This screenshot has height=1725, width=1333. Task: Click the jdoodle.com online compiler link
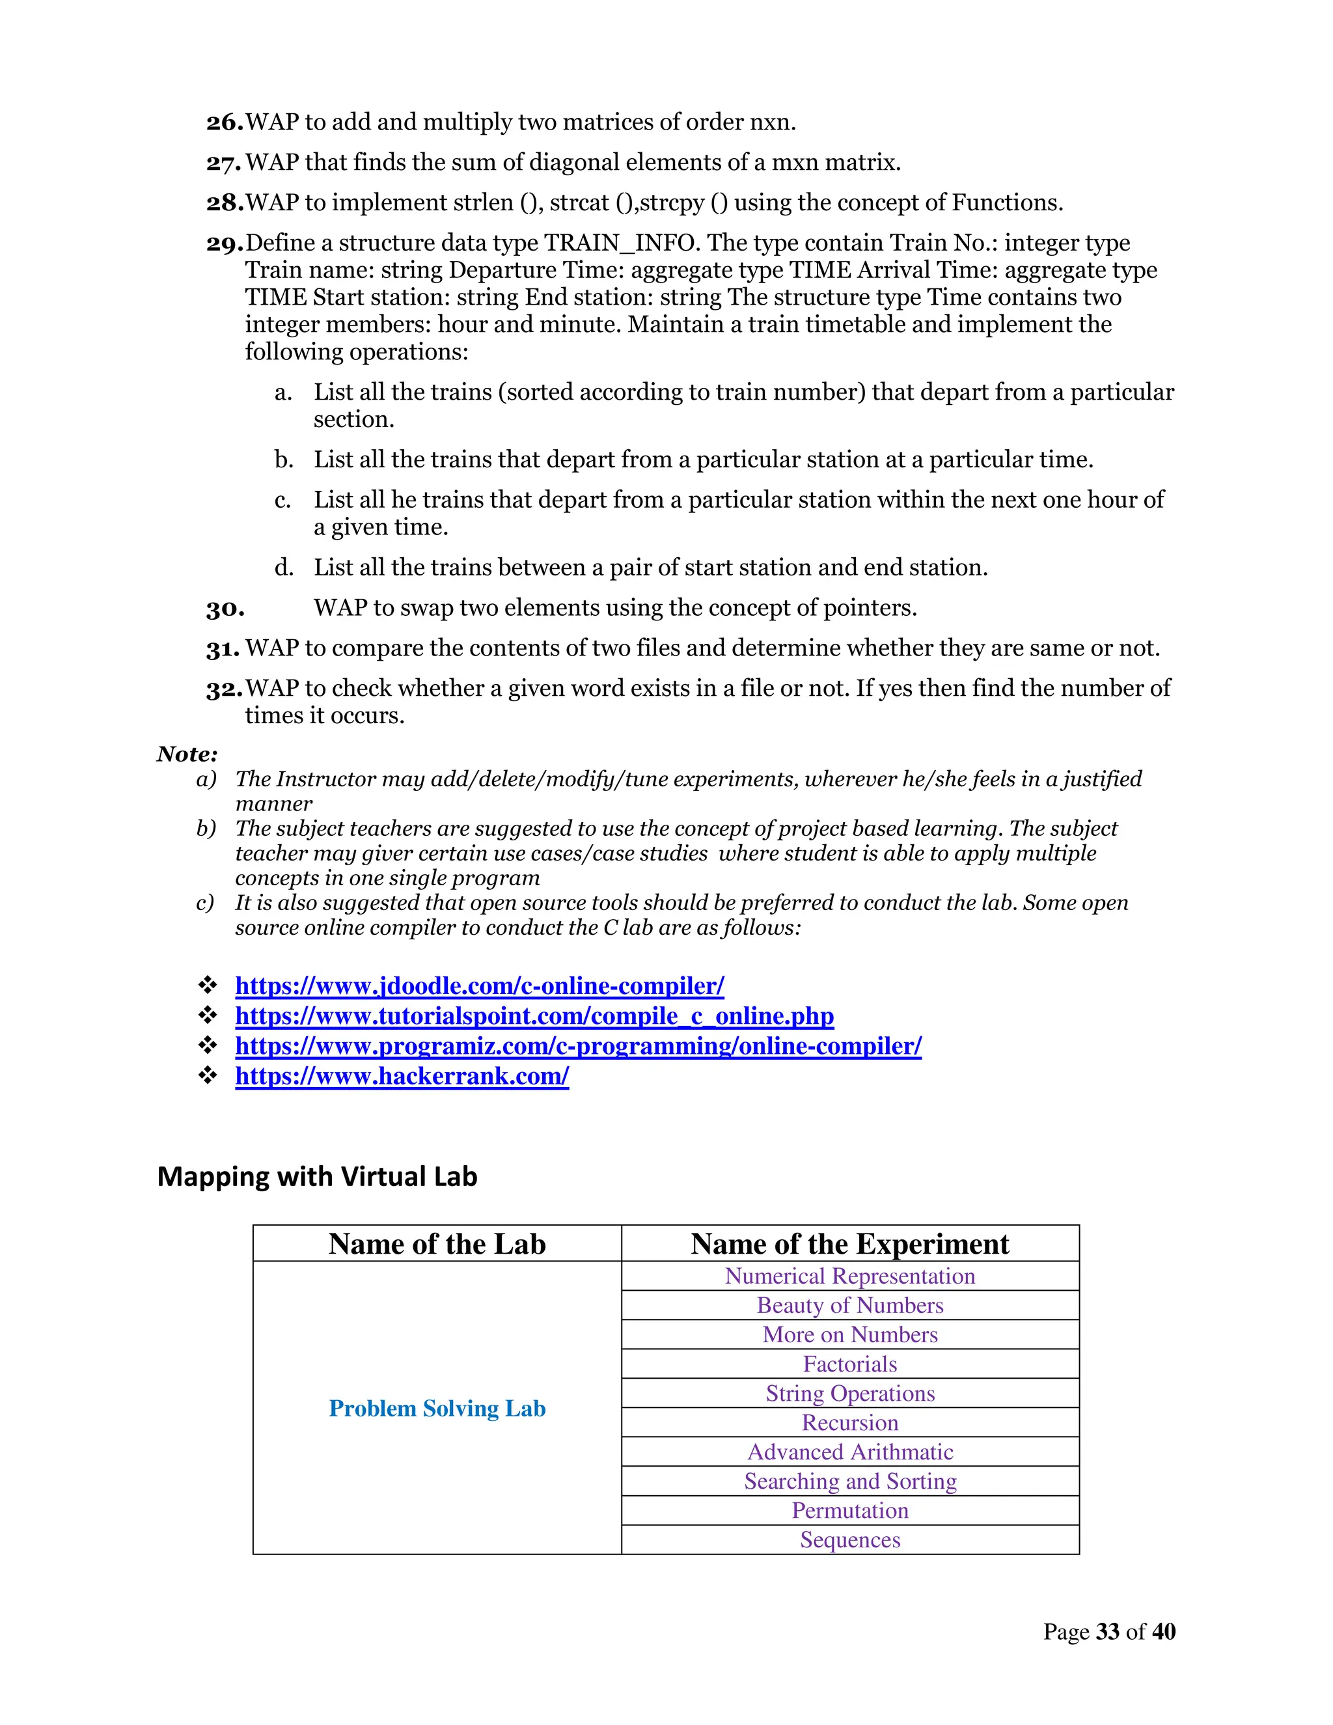pos(479,986)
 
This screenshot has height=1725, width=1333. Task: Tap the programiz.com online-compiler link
pos(578,1046)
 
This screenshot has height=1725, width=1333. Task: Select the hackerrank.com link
pos(402,1076)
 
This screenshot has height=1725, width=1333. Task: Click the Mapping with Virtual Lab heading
pos(317,1177)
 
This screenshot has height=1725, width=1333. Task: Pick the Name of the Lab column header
pos(437,1244)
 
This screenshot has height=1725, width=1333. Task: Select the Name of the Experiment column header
pos(849,1244)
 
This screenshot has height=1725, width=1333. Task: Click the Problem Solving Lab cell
pos(437,1408)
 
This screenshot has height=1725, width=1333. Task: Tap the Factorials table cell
pos(849,1364)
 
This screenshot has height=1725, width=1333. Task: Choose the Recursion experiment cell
pos(849,1422)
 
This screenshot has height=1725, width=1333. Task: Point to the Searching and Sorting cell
pos(849,1481)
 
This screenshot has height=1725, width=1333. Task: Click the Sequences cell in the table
pos(849,1539)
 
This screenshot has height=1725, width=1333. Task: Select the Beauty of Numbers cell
pos(849,1306)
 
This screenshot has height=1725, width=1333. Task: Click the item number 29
pos(225,244)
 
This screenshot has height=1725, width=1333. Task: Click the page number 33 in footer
pos(1108,1632)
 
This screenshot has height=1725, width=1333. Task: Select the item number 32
pos(225,689)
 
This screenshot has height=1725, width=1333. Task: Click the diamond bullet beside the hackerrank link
pos(208,1076)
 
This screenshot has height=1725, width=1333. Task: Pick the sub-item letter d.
pos(284,568)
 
